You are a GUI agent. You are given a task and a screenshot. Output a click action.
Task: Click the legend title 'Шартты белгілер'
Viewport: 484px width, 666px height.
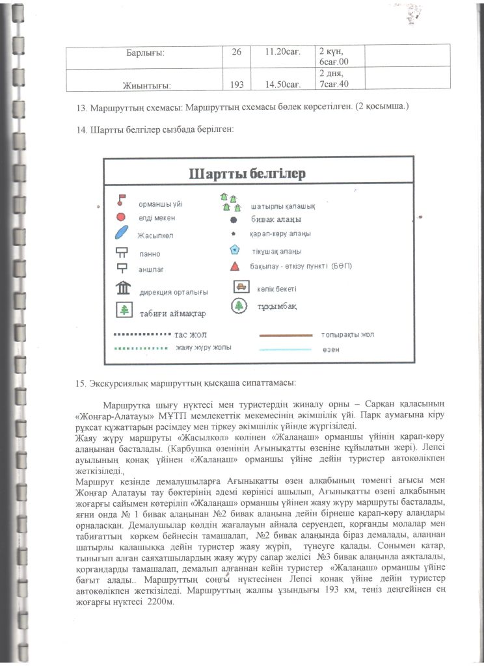coord(247,174)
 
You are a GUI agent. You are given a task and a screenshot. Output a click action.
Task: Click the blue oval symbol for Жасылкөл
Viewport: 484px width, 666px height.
coord(122,233)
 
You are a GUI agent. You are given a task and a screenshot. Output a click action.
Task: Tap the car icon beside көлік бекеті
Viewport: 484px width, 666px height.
coord(241,287)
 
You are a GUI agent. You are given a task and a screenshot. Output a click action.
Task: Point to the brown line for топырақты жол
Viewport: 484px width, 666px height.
coord(287,336)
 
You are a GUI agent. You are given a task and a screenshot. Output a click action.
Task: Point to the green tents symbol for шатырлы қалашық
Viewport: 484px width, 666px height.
coord(227,202)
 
